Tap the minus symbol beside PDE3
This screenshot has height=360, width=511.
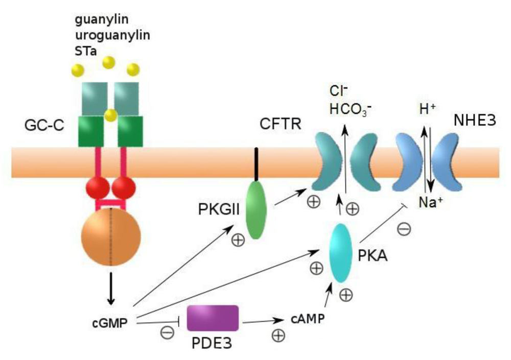(x=167, y=333)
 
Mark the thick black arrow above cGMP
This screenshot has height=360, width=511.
(x=111, y=292)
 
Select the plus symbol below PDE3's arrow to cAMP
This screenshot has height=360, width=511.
(x=278, y=335)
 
